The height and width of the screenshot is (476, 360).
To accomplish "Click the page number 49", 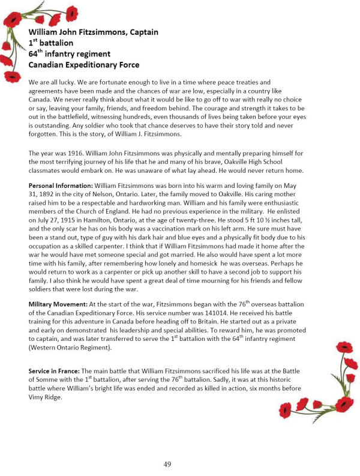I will (167, 463).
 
